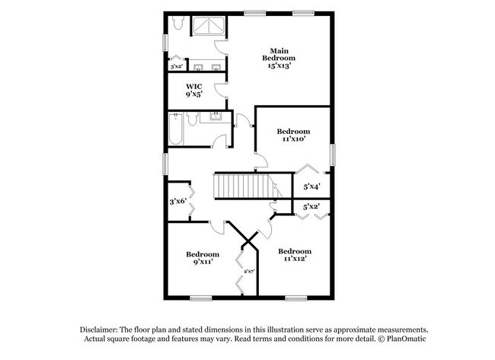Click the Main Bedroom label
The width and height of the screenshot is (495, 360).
coord(279,54)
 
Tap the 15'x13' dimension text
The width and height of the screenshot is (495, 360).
coord(279,66)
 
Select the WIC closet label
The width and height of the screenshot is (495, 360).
coord(194,87)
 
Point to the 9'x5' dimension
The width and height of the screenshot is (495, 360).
coord(194,96)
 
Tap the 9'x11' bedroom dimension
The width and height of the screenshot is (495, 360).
coord(203,262)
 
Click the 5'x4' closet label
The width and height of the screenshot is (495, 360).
coord(311,186)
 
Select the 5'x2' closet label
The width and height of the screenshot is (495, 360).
coord(311,206)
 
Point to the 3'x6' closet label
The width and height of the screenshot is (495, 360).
coord(177,202)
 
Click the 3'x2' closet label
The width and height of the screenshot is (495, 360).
coord(176,66)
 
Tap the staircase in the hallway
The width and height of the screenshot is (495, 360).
coord(241,186)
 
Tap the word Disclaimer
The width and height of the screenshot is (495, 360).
coord(101,328)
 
